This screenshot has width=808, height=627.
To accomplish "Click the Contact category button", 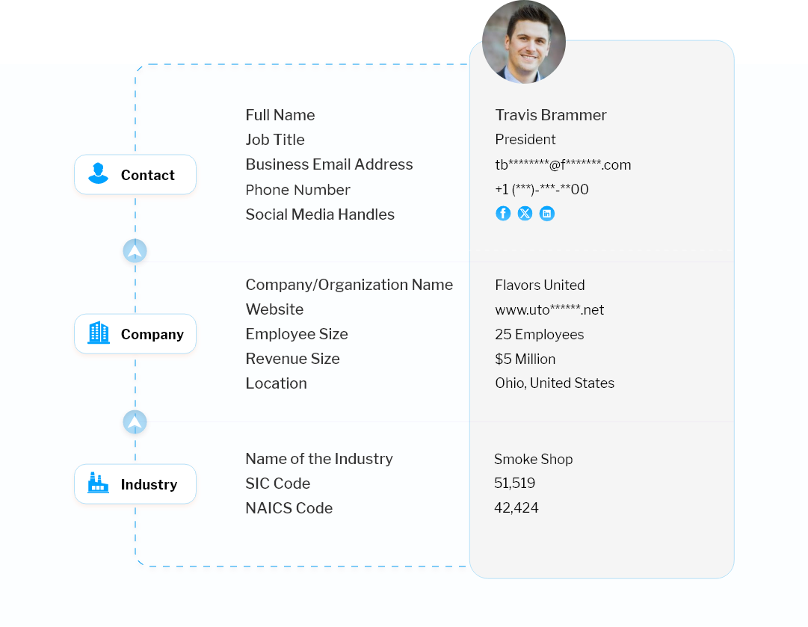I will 135,176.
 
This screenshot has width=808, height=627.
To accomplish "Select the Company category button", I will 135,335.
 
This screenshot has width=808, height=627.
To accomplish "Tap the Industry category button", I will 135,485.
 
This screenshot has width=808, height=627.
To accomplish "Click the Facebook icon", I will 503,214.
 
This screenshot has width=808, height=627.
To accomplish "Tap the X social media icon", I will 525,214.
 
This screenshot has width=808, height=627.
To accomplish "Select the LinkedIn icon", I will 547,214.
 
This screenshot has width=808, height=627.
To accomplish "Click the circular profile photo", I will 523,41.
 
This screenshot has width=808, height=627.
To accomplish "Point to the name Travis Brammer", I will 551,115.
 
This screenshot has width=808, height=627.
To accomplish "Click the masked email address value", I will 563,165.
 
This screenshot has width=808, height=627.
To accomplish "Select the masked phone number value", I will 542,190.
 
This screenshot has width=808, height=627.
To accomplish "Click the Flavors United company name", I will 540,285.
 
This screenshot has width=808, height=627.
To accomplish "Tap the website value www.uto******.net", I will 549,310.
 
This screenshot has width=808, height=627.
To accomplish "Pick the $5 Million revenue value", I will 525,359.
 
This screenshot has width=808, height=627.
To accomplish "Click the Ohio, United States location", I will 555,383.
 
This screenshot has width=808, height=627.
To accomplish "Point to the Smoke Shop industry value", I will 533,460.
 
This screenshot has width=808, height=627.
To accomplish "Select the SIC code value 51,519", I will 514,484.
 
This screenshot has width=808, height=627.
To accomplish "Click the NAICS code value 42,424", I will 516,508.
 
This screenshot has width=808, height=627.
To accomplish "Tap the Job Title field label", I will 275,140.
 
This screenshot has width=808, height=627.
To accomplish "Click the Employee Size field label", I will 297,334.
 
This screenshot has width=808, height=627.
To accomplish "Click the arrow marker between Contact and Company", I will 135,252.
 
